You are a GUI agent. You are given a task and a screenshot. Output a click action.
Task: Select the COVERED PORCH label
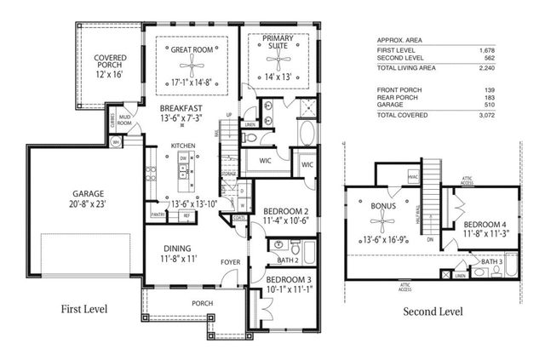(x=111, y=62)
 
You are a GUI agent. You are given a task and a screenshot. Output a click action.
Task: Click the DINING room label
(x=177, y=249)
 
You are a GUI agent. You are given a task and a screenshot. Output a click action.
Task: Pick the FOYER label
(x=232, y=262)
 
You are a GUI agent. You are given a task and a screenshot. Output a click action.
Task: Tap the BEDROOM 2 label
(x=285, y=211)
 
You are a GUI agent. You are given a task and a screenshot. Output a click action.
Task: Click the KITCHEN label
(x=183, y=146)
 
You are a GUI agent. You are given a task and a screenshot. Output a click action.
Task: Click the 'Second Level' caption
(x=433, y=311)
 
